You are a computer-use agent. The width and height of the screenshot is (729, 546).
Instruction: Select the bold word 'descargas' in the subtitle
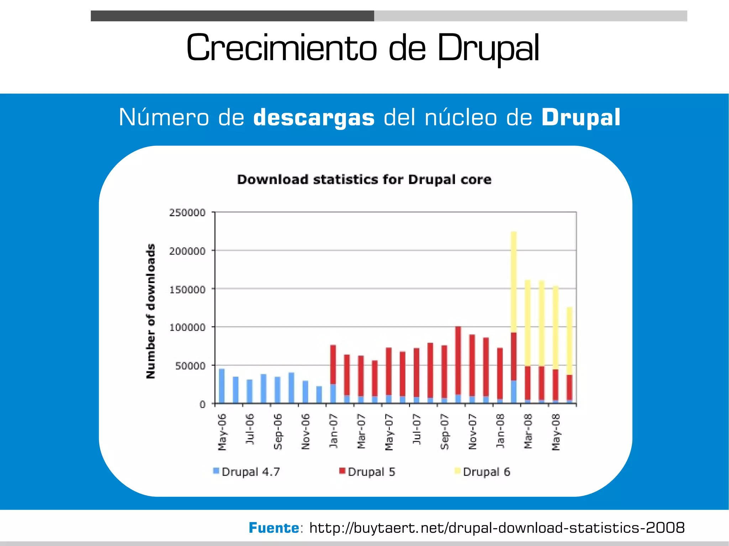point(314,118)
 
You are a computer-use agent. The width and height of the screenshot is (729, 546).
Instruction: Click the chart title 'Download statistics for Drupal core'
point(364,180)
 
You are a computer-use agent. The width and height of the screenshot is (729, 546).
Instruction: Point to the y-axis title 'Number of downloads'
point(151,311)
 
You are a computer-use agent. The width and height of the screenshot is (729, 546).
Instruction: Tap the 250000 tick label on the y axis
point(187,213)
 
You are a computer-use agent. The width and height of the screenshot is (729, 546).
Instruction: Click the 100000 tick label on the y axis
point(187,327)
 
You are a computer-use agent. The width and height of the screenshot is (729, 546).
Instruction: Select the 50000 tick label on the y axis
point(190,366)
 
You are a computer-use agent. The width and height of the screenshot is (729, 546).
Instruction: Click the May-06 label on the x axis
point(222,432)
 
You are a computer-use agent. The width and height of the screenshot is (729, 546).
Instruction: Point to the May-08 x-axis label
point(556,432)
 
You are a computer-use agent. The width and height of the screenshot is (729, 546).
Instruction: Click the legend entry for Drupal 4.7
point(246,472)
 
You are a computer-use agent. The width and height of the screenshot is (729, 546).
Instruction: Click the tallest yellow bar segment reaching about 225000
point(514,281)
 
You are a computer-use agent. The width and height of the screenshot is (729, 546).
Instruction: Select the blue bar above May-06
point(222,386)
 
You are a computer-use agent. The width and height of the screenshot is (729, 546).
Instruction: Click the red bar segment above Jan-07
point(333,364)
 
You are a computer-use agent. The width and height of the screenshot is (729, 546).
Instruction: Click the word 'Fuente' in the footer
point(274,528)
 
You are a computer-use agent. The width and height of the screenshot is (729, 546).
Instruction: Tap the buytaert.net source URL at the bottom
point(497,528)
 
